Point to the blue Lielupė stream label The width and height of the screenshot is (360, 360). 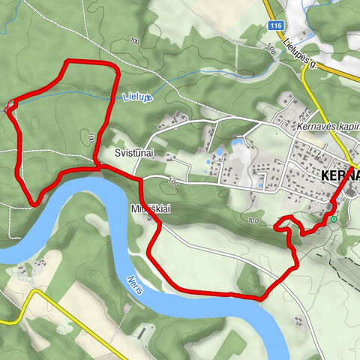coord(137,97)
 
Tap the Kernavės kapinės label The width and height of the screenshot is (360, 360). coord(328,127)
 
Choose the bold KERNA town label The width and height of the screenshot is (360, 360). coord(339,175)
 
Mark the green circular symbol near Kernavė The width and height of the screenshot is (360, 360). coord(332,219)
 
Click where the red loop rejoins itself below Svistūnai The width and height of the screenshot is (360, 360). coord(96,168)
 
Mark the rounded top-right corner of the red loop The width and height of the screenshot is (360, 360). coord(115,68)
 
